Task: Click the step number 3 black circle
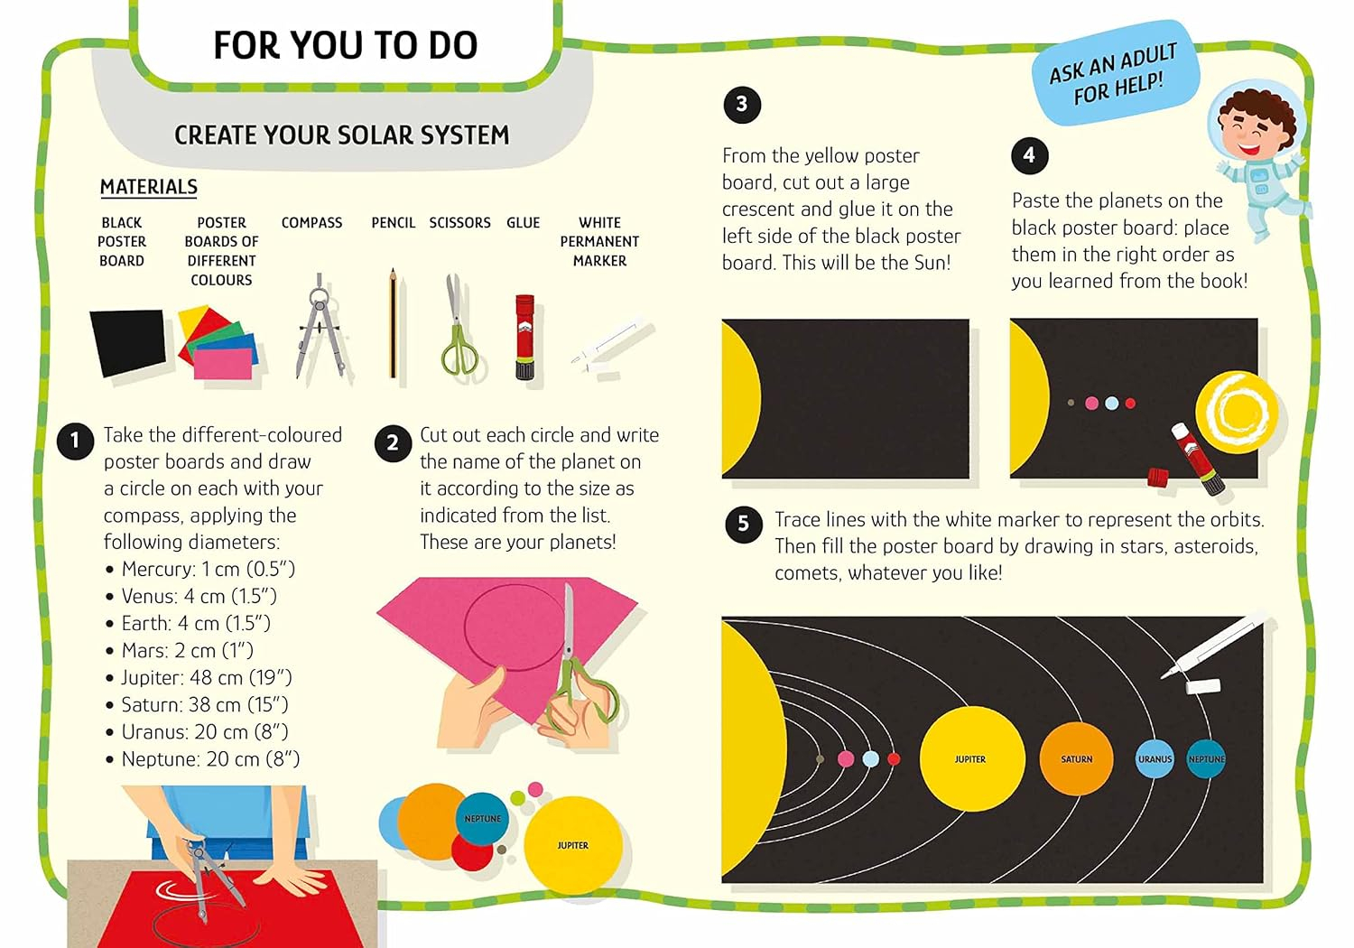(742, 105)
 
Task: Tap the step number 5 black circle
(744, 524)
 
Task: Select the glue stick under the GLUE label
(524, 337)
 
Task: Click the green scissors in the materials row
(459, 327)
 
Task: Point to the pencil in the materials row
(393, 323)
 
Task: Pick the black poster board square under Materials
(128, 342)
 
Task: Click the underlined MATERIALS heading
(149, 187)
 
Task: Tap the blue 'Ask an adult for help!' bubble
(1114, 72)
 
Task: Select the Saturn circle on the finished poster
(1076, 758)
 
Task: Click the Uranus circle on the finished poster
(1155, 758)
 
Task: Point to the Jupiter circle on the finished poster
(972, 758)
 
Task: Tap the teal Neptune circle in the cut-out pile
(482, 819)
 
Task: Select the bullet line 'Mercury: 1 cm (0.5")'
(200, 569)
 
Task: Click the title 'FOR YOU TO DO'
(346, 45)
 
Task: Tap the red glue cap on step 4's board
(1157, 478)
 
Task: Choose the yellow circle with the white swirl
(1237, 412)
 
